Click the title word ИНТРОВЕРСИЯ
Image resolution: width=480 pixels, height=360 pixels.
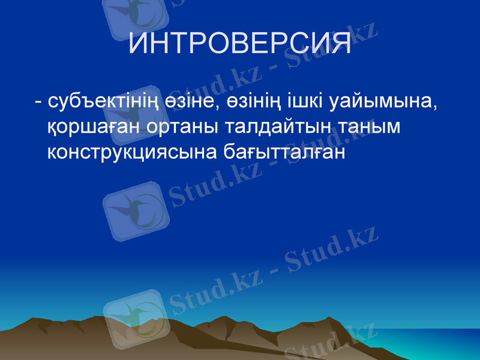[240, 44]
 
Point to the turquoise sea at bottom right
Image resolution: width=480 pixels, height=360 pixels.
[444, 345]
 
